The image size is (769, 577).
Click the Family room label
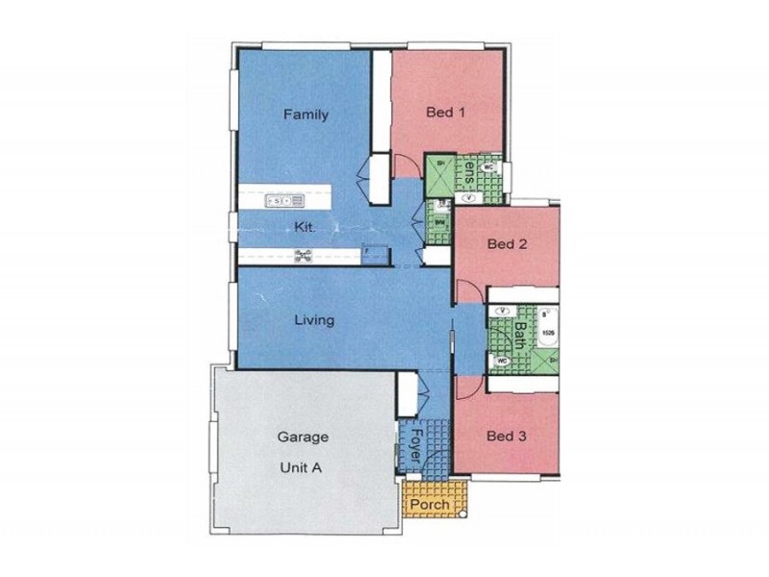pyautogui.click(x=306, y=114)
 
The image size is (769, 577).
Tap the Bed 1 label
pyautogui.click(x=446, y=111)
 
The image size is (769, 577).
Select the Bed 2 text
pyautogui.click(x=507, y=244)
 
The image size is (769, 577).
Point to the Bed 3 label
pyautogui.click(x=506, y=436)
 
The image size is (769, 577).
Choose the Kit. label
pyautogui.click(x=306, y=228)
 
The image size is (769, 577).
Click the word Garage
pyautogui.click(x=303, y=436)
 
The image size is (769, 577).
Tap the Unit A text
pyautogui.click(x=303, y=470)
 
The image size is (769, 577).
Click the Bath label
pyautogui.click(x=520, y=337)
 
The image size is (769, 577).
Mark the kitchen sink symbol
pyautogui.click(x=285, y=200)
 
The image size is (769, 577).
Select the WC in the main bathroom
pyautogui.click(x=502, y=362)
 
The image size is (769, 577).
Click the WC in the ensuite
pyautogui.click(x=487, y=166)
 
